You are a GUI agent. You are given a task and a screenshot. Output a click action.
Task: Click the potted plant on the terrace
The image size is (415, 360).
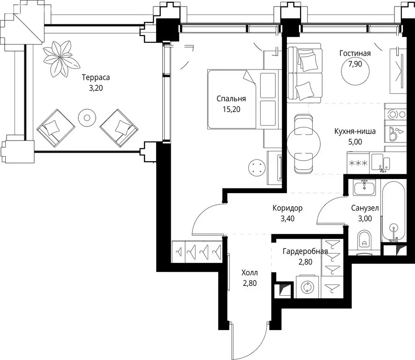[x=61, y=59]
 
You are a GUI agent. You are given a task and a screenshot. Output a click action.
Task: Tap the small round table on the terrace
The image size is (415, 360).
[x=87, y=118]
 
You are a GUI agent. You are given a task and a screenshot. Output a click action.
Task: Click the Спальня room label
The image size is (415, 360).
[x=231, y=98]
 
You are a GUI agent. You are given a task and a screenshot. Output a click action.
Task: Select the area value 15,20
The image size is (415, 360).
[x=232, y=109]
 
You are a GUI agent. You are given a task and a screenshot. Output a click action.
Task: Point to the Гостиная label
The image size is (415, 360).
[x=355, y=53]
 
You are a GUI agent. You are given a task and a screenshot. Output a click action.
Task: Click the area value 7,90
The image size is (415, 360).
[x=355, y=64]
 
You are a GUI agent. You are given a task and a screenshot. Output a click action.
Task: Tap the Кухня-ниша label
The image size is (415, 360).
[x=355, y=131]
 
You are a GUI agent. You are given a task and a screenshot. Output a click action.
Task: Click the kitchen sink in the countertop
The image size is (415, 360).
[x=381, y=162]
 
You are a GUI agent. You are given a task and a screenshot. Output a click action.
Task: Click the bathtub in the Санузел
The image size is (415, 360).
[x=393, y=211]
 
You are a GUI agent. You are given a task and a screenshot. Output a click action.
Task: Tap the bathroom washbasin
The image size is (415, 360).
[x=364, y=187]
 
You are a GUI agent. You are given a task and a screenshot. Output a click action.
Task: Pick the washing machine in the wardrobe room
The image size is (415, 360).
[x=308, y=287]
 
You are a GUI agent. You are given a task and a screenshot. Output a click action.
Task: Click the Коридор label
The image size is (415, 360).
[x=287, y=208]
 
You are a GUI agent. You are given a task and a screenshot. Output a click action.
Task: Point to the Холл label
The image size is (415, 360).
[x=249, y=273]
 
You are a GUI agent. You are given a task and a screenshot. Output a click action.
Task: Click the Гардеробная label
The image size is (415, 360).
[x=305, y=251]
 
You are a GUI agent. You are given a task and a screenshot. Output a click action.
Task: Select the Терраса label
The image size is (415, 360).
[x=96, y=77]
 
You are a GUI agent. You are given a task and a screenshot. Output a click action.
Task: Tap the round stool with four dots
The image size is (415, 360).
[x=257, y=167]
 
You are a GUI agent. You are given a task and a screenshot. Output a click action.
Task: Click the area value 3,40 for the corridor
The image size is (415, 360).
[x=287, y=219]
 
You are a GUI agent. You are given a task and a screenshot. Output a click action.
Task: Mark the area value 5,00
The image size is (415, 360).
[x=355, y=142]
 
